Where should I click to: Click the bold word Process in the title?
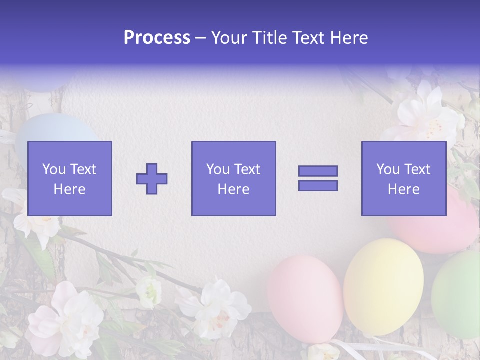[x=157, y=38]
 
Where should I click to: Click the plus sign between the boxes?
[x=152, y=178]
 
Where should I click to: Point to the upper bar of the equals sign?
[x=318, y=171]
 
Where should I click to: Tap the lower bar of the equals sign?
[x=318, y=185]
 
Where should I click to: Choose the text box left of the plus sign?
[x=70, y=178]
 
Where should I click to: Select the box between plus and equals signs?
[x=233, y=178]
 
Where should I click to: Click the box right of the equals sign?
[x=404, y=178]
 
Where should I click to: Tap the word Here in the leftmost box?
[x=70, y=189]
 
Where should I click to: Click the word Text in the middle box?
[x=247, y=169]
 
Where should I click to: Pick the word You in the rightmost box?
[x=388, y=169]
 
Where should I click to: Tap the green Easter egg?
[x=457, y=295]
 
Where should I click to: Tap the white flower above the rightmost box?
[x=427, y=115]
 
